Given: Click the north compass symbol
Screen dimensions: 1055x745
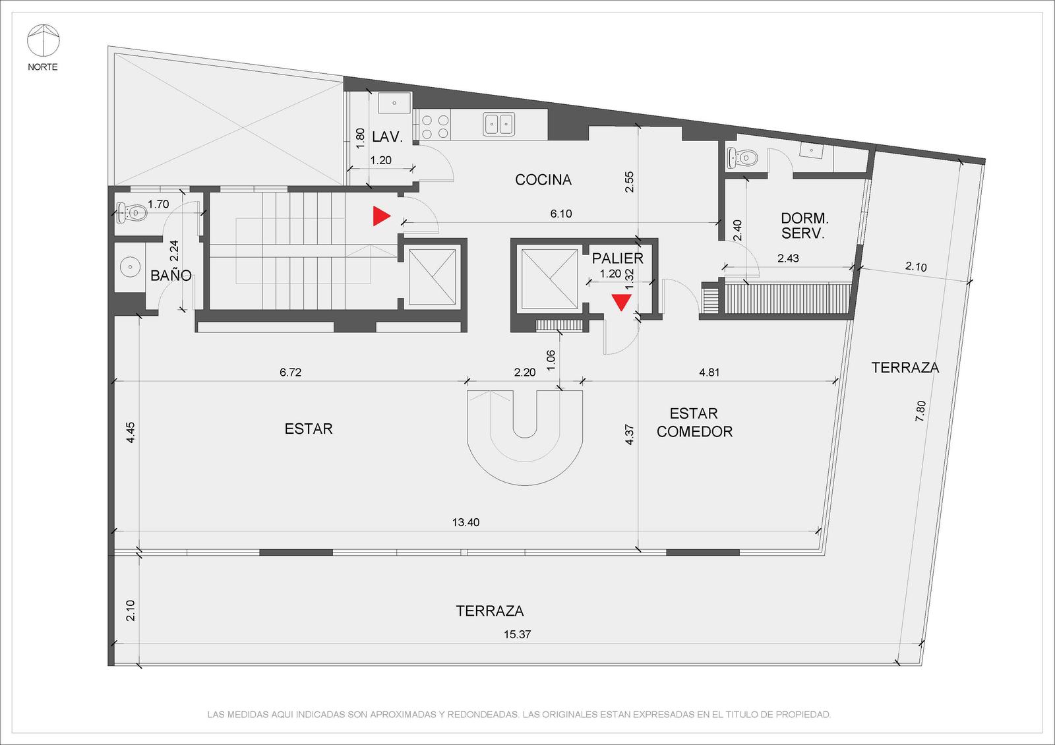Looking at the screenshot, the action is coord(44,40).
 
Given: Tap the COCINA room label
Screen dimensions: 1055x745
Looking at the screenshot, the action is coord(543,179).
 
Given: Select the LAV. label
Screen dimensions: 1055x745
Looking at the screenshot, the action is coord(387,137).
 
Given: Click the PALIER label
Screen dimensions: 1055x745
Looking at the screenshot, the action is coord(617,258).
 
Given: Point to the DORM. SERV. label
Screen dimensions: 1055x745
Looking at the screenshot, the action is coord(804,225).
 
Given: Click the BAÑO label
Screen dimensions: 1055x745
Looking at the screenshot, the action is coord(171,275).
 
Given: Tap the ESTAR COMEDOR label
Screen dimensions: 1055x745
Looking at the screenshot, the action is coord(694,423).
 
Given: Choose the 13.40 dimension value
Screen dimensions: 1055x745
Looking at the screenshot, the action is coord(466,522).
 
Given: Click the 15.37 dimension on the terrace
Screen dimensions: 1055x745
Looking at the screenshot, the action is coord(517,634).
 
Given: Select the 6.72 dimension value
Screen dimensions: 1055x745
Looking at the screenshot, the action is coord(290,372).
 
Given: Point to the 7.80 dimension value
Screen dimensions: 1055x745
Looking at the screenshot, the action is coord(920,411).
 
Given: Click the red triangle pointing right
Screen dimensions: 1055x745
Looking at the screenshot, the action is coord(382,216).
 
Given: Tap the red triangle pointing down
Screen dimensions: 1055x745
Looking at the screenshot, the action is coord(621,303).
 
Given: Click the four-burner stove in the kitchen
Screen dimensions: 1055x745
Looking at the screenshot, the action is coord(435,126).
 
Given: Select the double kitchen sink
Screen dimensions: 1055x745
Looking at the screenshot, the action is coord(498,124).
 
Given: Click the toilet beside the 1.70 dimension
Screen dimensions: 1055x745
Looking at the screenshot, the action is coord(132,213).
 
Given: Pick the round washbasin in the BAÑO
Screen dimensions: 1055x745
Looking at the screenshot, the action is coord(130,267).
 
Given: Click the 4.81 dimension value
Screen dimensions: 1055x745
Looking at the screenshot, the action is coord(709,372).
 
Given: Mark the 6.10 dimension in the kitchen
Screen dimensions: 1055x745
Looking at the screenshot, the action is coord(561,214).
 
